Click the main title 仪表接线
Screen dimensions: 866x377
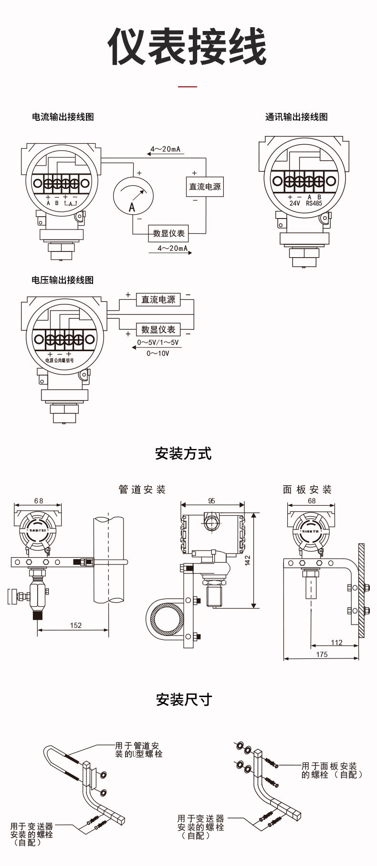point(187,47)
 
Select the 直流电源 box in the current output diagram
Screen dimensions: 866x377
point(205,187)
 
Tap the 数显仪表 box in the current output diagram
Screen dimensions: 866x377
point(168,233)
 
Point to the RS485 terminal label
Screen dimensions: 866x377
point(314,203)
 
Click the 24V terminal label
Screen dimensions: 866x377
point(294,203)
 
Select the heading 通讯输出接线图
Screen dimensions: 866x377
point(296,117)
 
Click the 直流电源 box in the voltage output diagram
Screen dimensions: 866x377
point(158,300)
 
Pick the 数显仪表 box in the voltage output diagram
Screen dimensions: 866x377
point(158,329)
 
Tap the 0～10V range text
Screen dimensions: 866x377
point(157,354)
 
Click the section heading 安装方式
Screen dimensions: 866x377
point(183,453)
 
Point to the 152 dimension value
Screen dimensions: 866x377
point(75,625)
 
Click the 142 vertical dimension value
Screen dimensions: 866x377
point(248,560)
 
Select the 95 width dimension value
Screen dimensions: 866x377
point(211,501)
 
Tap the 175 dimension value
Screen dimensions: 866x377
point(322,655)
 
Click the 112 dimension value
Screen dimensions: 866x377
point(336,642)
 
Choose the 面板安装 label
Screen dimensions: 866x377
point(307,490)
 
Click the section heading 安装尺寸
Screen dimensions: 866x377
point(184,700)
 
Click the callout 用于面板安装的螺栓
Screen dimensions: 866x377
point(329,771)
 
